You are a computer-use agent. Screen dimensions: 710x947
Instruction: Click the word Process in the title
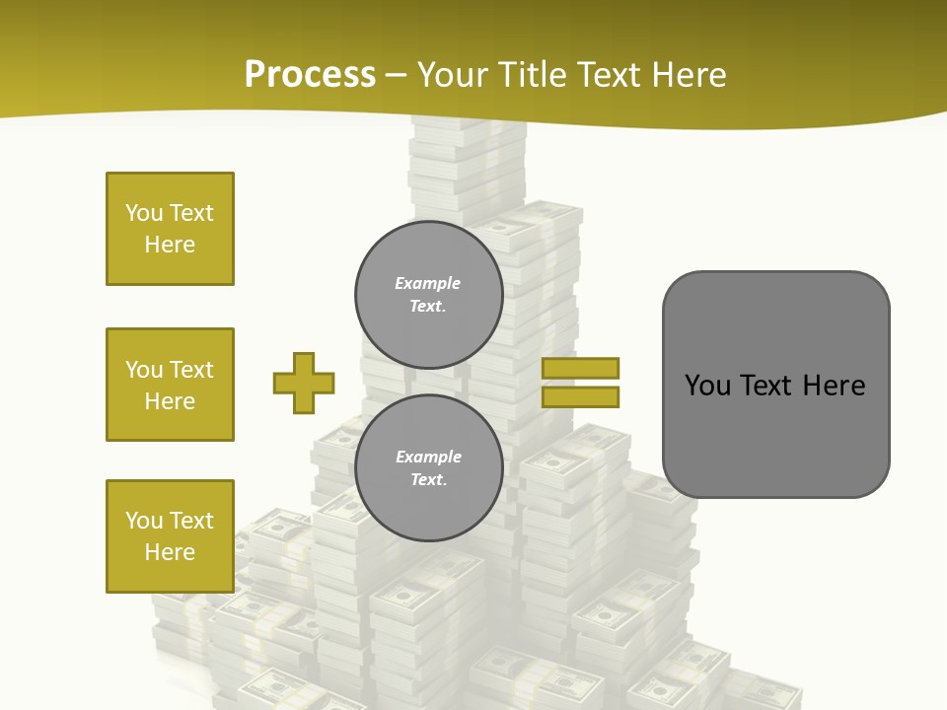tap(310, 75)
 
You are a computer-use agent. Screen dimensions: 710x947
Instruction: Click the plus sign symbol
tap(304, 383)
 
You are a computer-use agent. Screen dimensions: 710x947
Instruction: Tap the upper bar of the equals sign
tap(580, 368)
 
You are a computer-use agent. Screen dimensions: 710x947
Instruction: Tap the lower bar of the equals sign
tap(580, 396)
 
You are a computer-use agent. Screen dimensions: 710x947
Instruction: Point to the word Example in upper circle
tap(427, 283)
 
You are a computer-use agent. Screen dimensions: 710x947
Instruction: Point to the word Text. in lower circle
tap(427, 480)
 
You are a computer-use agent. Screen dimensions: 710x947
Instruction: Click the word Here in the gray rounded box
tap(834, 386)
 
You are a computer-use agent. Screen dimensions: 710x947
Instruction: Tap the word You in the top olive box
tap(142, 213)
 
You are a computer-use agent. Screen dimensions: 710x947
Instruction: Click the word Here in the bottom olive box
tap(170, 552)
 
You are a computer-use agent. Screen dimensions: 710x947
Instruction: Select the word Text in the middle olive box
tap(191, 370)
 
